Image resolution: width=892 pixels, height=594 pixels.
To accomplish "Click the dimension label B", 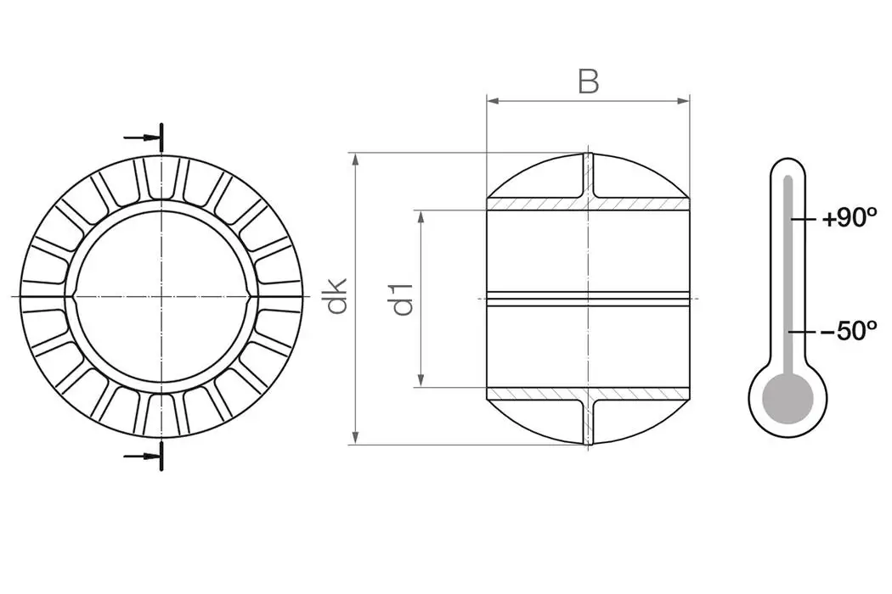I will coord(589,81).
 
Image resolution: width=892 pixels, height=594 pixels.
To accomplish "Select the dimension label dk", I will coord(338,298).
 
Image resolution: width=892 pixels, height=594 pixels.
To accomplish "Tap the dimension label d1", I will coord(405,298).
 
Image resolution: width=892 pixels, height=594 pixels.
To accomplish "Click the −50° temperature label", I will coord(848,331).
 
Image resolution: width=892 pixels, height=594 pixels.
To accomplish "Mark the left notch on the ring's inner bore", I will coord(76,296).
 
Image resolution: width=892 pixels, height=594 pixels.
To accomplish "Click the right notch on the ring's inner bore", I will coord(247,296).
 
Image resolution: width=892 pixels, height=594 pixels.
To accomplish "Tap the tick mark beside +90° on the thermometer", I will coord(797,220).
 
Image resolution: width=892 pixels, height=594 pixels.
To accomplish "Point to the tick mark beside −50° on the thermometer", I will coord(797,331).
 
